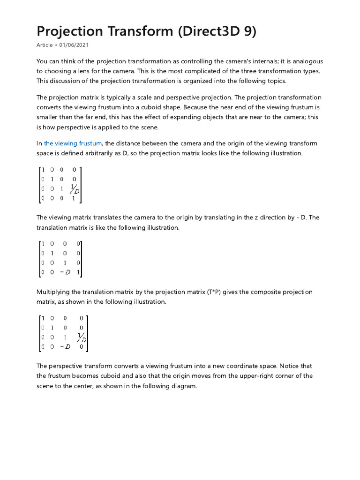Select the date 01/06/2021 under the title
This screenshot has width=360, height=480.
[x=74, y=45]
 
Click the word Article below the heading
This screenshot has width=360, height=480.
[x=45, y=45]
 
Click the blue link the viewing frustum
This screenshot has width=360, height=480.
[x=73, y=143]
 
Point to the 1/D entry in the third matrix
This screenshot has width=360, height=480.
[x=82, y=337]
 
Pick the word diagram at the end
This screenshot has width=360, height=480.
[x=184, y=386]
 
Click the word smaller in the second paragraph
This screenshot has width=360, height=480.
[x=48, y=117]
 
